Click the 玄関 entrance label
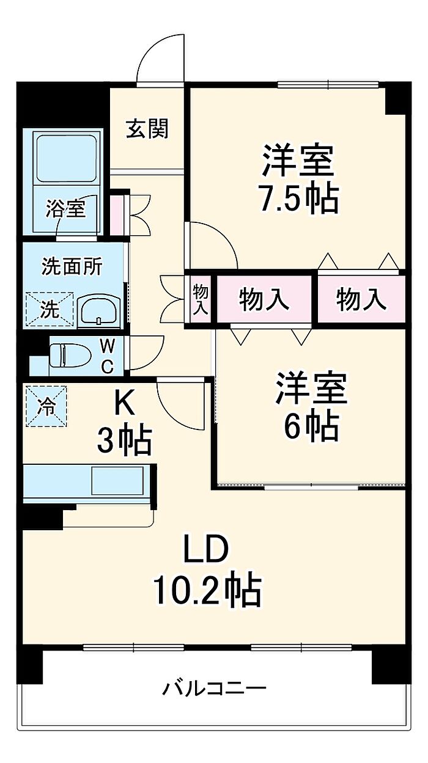tap(147, 128)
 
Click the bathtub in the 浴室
tap(66, 159)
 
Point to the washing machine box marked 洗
tap(50, 309)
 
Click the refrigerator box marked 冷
tap(46, 406)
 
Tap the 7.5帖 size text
tap(300, 199)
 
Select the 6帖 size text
tap(311, 427)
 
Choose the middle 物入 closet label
tap(264, 299)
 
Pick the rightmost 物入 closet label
tap(361, 299)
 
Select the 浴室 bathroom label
tap(66, 208)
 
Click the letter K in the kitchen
tap(124, 403)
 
